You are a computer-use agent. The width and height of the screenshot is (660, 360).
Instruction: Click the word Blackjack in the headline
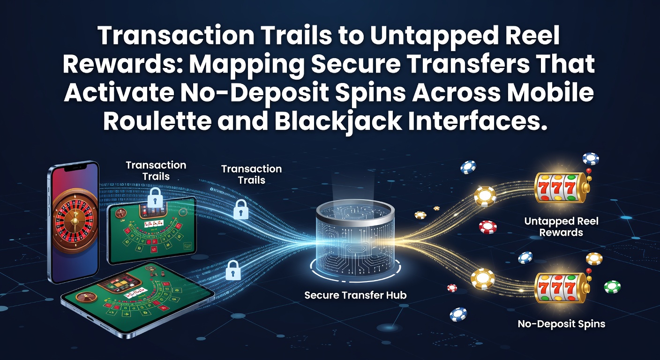(x=338, y=121)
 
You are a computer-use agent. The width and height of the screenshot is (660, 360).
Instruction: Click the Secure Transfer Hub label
(x=355, y=295)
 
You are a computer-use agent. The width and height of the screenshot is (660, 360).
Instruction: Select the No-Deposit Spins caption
(x=561, y=324)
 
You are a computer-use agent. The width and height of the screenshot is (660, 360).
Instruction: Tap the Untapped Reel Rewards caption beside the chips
(x=561, y=227)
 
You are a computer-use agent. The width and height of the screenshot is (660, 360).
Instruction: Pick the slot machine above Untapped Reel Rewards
(x=561, y=187)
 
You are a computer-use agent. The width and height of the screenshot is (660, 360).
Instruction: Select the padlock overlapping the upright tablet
(x=155, y=198)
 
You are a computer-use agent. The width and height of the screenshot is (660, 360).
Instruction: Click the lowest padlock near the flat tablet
(x=233, y=270)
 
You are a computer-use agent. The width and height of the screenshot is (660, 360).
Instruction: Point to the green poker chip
(x=612, y=287)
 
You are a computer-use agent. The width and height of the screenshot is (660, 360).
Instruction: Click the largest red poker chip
(x=487, y=227)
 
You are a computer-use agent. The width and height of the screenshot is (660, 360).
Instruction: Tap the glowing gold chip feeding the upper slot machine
(x=485, y=196)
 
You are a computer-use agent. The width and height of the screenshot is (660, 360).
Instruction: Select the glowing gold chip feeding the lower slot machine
(x=483, y=279)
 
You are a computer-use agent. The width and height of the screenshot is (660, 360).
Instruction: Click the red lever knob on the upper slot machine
(x=589, y=171)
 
